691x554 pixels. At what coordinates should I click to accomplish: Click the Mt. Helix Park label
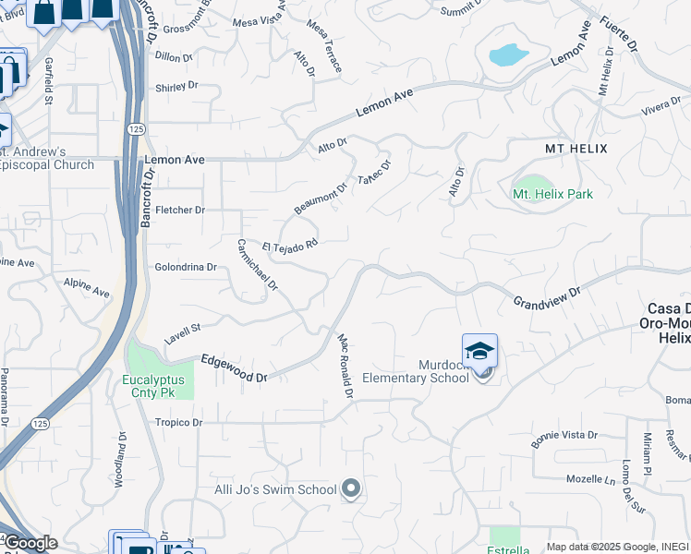pyautogui.click(x=552, y=194)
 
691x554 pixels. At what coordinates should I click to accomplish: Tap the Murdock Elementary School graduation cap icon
pyautogui.click(x=479, y=352)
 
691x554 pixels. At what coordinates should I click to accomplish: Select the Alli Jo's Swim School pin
pyautogui.click(x=350, y=488)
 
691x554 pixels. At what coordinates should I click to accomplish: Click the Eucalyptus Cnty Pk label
pyautogui.click(x=153, y=386)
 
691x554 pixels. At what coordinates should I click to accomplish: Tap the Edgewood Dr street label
pyautogui.click(x=234, y=369)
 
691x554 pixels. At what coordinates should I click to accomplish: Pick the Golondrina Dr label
pyautogui.click(x=185, y=267)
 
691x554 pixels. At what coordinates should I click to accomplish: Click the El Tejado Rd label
pyautogui.click(x=290, y=245)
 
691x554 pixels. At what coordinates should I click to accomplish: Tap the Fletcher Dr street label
pyautogui.click(x=179, y=210)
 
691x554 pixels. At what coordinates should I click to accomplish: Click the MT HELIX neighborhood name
pyautogui.click(x=575, y=148)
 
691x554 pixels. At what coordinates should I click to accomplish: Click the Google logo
pyautogui.click(x=30, y=543)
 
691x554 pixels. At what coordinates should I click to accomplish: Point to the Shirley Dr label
pyautogui.click(x=176, y=87)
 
